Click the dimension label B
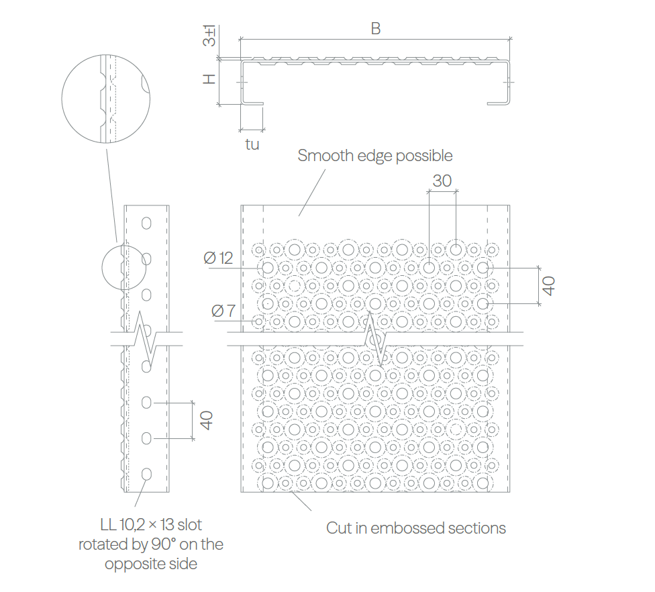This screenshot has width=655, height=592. (376, 28)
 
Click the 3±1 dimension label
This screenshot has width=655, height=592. (209, 35)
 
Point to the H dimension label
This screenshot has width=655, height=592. (209, 79)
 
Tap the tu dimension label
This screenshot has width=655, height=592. (252, 144)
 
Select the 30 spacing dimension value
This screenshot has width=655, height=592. (442, 181)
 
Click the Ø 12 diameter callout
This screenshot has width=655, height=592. (218, 258)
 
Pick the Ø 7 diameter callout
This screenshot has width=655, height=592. (223, 311)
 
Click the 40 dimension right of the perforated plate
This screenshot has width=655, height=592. (548, 286)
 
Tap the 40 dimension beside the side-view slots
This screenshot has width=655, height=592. (206, 420)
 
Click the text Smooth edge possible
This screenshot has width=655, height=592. (375, 156)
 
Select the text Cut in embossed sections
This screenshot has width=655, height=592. (416, 528)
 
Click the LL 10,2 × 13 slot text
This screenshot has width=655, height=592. (151, 525)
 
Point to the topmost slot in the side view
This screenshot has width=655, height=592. (146, 223)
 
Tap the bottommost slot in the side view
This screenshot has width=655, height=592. (146, 474)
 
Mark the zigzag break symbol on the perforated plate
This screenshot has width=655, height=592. (376, 339)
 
